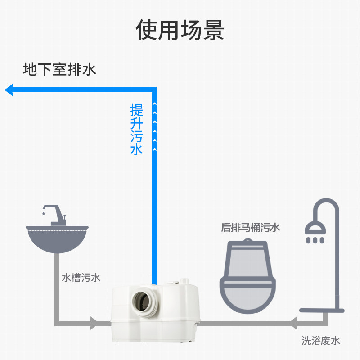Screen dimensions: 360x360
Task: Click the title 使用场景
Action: click(180, 30)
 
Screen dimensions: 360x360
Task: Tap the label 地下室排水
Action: click(59, 69)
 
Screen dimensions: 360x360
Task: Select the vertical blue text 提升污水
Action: click(136, 129)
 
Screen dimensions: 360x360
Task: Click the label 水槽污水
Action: click(81, 278)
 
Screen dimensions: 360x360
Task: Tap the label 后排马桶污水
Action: click(250, 228)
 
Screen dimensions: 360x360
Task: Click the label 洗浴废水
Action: click(320, 341)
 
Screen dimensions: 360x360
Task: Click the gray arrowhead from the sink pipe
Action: click(93, 322)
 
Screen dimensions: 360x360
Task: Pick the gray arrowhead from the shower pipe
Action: click(293, 323)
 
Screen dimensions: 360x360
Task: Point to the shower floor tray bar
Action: click(322, 310)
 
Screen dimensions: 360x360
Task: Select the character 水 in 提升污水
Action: click(136, 149)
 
